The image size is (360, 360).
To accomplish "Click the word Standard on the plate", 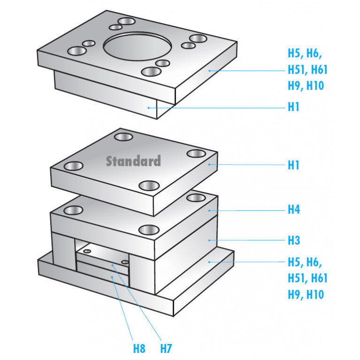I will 133,161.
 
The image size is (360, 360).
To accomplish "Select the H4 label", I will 294,209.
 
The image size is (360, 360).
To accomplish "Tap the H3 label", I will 294,240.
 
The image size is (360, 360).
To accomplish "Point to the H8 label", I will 139,348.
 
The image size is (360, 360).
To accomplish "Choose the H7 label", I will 166,348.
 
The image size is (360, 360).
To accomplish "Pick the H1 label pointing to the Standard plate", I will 294,165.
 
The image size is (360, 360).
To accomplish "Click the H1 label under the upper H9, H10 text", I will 294,107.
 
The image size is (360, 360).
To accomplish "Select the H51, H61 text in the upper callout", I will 307,70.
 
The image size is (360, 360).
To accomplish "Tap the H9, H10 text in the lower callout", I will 306,294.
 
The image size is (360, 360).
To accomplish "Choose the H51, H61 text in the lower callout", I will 307,278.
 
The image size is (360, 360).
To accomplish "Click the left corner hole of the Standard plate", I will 74,166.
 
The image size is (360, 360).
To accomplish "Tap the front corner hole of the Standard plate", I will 149,185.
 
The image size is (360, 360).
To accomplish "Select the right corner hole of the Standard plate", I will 196,153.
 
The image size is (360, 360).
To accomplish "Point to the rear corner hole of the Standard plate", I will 123,137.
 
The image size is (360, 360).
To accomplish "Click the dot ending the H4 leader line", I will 210,210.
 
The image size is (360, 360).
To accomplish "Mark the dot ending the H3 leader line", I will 209,240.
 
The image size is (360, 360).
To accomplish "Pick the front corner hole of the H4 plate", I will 149,230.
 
